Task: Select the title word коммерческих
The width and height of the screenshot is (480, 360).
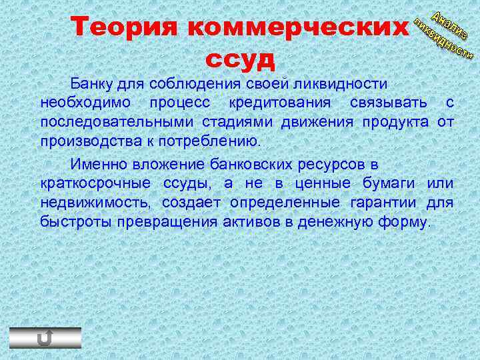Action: [x=297, y=28]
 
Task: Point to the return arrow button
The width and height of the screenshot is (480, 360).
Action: [x=45, y=338]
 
